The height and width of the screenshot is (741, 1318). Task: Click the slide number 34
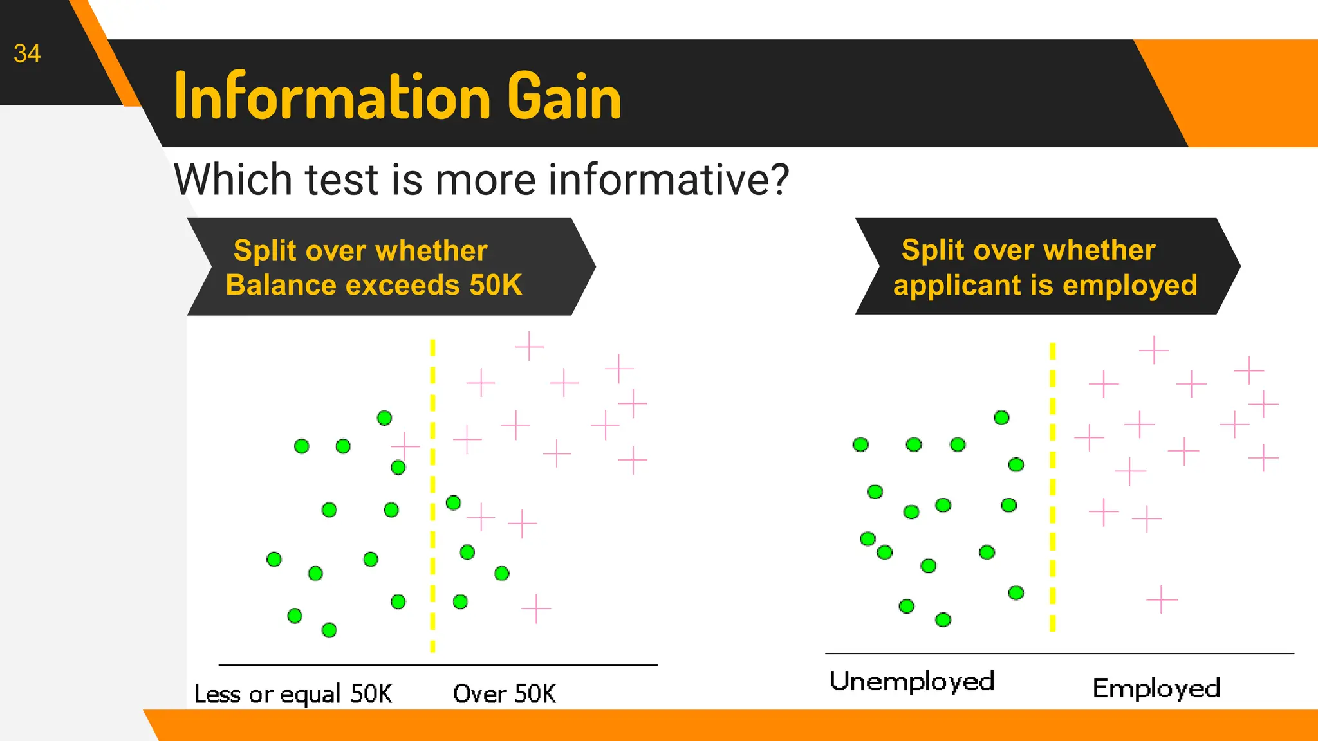pyautogui.click(x=27, y=53)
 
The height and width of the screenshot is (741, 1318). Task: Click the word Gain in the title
pyautogui.click(x=564, y=96)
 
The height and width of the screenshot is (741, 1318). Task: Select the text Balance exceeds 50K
pyautogui.click(x=374, y=285)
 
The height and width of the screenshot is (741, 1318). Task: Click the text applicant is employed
pyautogui.click(x=1044, y=285)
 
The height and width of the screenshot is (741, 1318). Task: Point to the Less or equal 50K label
pyautogui.click(x=293, y=694)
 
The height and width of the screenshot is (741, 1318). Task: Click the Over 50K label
pyautogui.click(x=505, y=694)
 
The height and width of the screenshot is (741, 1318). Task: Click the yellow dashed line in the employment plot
pyautogui.click(x=1053, y=489)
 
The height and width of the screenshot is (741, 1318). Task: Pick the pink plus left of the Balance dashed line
pyautogui.click(x=405, y=445)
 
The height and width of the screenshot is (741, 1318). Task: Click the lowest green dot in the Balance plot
pyautogui.click(x=329, y=630)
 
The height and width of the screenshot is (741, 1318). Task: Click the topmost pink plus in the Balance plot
pyautogui.click(x=530, y=346)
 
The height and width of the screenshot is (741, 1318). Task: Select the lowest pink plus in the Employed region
pyautogui.click(x=1162, y=599)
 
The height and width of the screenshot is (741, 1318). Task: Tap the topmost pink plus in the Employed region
pyautogui.click(x=1154, y=350)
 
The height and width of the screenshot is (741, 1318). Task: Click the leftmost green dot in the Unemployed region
pyautogui.click(x=860, y=444)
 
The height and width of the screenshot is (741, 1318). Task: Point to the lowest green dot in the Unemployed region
pyautogui.click(x=943, y=619)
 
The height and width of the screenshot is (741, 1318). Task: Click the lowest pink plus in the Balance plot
pyautogui.click(x=536, y=608)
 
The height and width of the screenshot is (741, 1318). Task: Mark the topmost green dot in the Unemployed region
pyautogui.click(x=1001, y=417)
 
